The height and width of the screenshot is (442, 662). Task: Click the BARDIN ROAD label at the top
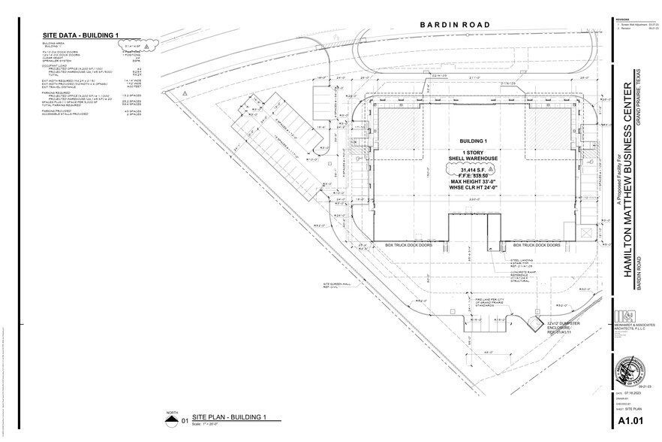(455, 25)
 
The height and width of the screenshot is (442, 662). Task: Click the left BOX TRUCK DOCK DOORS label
(410, 245)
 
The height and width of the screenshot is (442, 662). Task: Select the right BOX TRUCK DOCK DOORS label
(537, 245)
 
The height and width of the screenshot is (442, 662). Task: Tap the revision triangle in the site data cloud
(149, 46)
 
